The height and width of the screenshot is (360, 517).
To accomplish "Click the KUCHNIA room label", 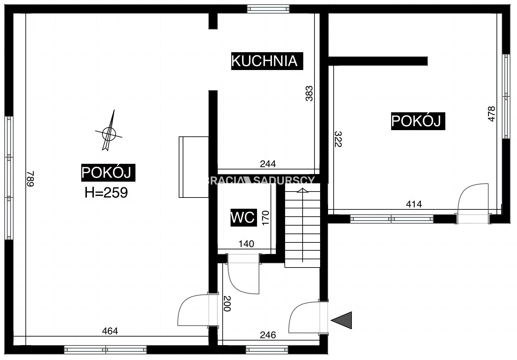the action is coord(267,61).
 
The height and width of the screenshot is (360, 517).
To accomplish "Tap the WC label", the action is coord(243,217).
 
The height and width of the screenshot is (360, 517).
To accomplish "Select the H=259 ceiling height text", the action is coord(106,193).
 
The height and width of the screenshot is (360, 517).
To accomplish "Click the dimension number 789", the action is coord(31,179).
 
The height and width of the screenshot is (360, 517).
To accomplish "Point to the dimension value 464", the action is coord(110,331).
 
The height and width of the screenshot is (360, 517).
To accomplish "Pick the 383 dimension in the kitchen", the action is coord(309,93).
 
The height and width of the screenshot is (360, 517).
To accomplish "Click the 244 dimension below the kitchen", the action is coord(268,164).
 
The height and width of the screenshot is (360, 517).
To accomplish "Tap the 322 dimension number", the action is coord(338,139).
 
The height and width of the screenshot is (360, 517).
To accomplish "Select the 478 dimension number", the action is coord(491,114).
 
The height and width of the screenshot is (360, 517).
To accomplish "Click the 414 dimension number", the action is coord(414,204).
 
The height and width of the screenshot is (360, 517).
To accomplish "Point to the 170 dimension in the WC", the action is coord(266,218).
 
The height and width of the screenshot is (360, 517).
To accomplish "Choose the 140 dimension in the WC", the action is coord(246,244).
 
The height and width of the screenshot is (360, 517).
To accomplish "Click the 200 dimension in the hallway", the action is coord(227,304).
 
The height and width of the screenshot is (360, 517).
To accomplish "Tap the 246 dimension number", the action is coord(268,335).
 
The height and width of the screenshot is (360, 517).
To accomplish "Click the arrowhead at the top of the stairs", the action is coord(303,190).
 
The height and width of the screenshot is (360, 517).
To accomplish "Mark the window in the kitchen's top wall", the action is coord(268,9).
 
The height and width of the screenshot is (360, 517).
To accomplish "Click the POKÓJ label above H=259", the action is coord(108,173).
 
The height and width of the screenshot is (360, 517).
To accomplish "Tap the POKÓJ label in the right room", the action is coord(418,121).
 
